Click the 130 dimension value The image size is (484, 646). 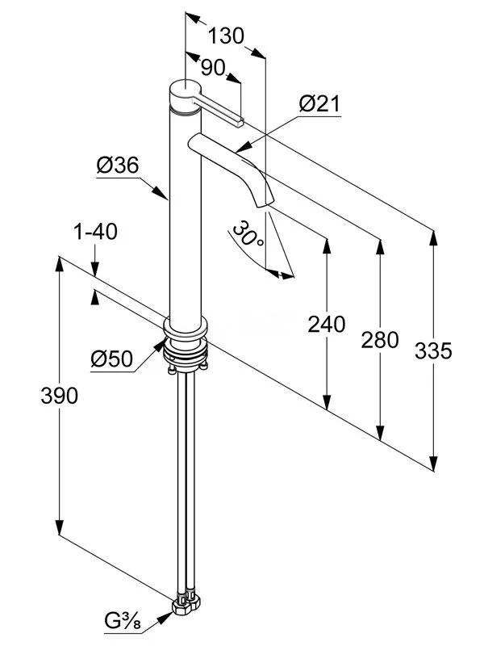tap(226, 36)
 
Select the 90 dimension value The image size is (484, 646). tap(213, 68)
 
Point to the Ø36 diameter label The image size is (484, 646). tap(118, 166)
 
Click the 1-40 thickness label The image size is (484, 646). tap(95, 233)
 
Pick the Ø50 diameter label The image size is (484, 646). tap(111, 357)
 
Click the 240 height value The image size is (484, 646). tap(326, 325)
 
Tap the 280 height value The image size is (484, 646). tap(380, 339)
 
